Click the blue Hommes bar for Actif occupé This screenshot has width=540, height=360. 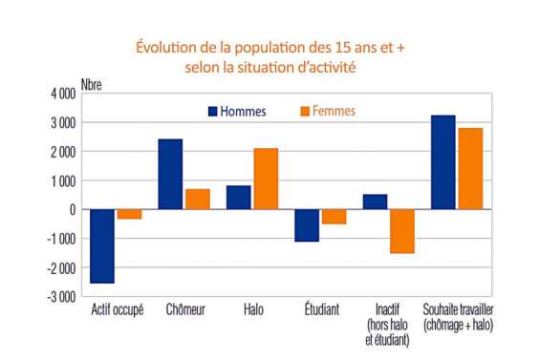[102, 245]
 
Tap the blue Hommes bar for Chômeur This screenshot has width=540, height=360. [170, 174]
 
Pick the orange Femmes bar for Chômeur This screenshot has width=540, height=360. [197, 199]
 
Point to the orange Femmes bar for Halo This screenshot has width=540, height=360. [265, 179]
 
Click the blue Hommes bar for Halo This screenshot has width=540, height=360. [238, 197]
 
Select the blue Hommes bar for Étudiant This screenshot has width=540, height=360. [306, 225]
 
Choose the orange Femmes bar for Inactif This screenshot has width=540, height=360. [401, 231]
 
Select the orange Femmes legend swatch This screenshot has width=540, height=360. [304, 112]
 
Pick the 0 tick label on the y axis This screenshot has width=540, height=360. [73, 210]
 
